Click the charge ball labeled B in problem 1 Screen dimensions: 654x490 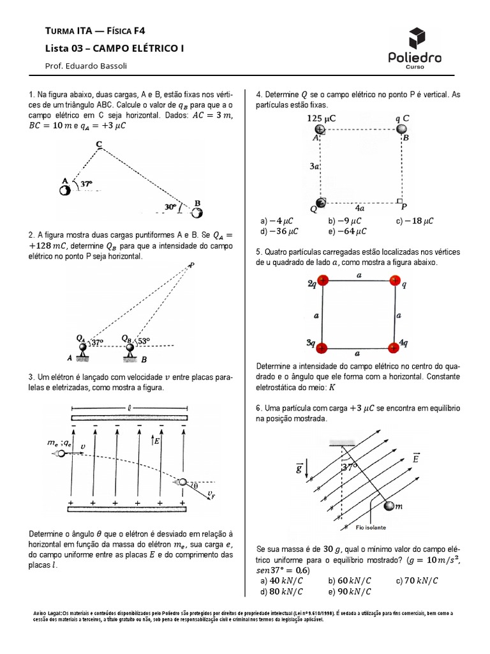point(190,212)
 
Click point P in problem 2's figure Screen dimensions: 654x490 point(191,265)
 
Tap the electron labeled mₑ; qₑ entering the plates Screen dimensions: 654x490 point(61,453)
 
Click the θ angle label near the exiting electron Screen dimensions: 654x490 point(196,486)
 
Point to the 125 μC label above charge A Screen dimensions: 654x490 point(322,119)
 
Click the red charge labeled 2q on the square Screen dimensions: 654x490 point(323,281)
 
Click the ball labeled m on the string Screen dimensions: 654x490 point(389,506)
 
